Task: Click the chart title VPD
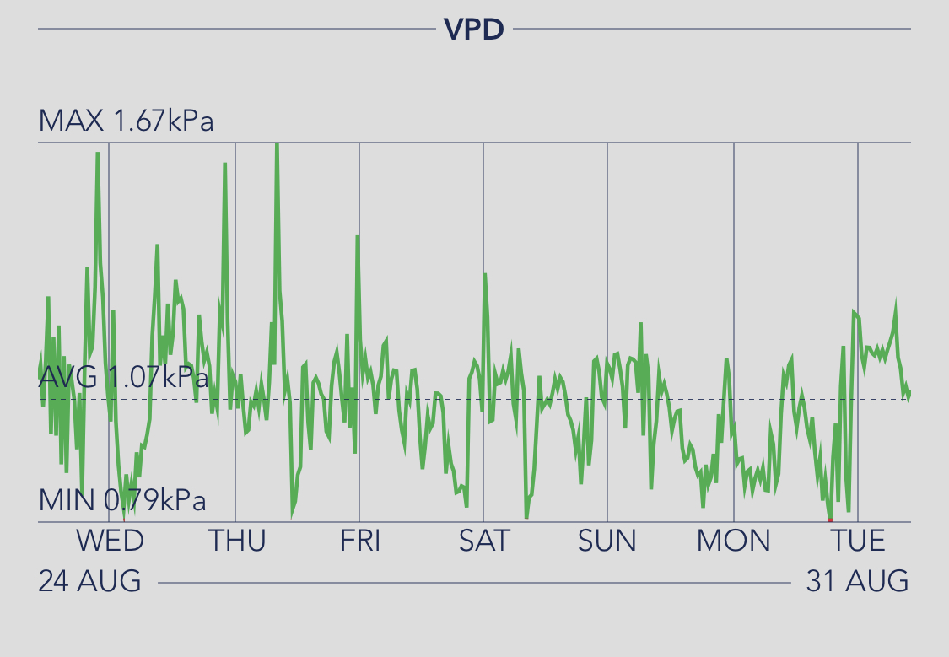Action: click(474, 30)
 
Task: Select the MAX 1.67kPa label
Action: click(126, 121)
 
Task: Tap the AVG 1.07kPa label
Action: click(123, 377)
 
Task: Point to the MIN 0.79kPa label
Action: click(122, 501)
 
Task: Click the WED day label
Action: click(110, 541)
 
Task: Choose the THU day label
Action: click(236, 541)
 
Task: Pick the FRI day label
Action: click(360, 541)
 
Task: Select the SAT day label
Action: click(484, 541)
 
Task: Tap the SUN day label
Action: click(607, 541)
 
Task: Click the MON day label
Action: click(733, 541)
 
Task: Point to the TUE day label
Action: click(858, 541)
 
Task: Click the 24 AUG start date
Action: click(89, 581)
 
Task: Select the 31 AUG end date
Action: click(857, 581)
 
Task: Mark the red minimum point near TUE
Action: click(830, 520)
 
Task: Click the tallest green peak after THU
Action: click(277, 146)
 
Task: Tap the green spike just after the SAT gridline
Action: click(485, 275)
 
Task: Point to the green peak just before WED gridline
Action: click(98, 153)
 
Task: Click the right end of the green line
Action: click(909, 393)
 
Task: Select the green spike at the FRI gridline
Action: click(358, 237)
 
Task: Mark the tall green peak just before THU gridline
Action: click(224, 164)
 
